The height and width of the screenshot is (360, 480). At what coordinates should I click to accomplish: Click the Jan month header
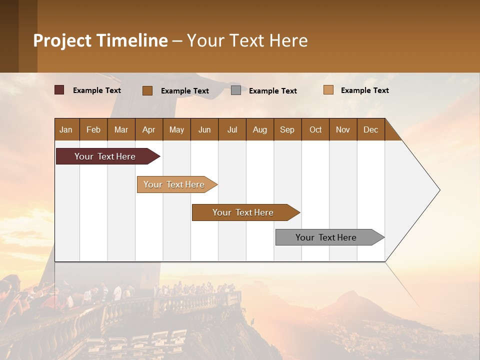[x=66, y=129]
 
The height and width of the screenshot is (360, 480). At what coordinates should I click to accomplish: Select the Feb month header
[x=93, y=129]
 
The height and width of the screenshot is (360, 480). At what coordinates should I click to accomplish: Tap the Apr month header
[x=149, y=129]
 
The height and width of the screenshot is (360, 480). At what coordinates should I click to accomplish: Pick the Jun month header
[x=204, y=129]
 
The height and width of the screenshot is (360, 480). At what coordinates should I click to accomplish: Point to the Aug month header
[x=260, y=129]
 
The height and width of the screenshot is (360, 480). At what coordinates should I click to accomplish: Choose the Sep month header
[x=287, y=129]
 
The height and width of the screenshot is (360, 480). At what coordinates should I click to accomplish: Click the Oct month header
[x=315, y=129]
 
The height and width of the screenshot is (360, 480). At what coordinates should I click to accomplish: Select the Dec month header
[x=371, y=129]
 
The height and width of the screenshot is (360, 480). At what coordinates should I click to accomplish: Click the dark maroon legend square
[x=59, y=90]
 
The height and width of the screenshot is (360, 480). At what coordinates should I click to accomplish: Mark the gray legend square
[x=236, y=90]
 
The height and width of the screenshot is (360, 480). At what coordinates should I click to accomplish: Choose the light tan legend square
[x=328, y=90]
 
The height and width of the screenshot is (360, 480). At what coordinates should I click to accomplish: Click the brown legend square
[x=147, y=90]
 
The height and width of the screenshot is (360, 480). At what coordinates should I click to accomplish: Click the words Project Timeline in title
[x=100, y=40]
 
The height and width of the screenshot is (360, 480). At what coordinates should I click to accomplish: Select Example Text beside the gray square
[x=273, y=91]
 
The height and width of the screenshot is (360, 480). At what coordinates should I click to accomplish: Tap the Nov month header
[x=343, y=129]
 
